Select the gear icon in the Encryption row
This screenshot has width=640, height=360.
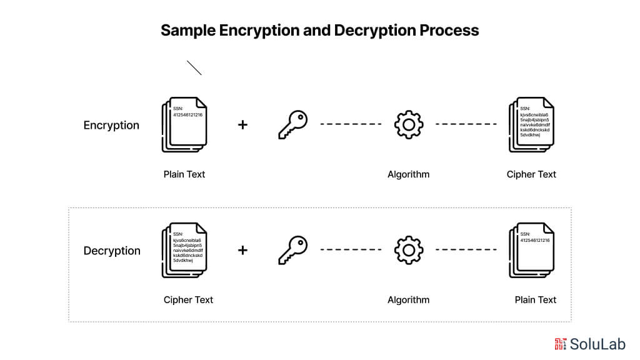(409, 124)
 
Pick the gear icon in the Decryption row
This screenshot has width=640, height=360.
(409, 250)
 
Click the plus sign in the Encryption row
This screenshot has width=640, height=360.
(242, 125)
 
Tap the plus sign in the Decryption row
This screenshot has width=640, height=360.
(242, 250)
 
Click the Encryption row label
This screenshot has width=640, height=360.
(111, 125)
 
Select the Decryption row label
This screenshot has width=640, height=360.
(112, 251)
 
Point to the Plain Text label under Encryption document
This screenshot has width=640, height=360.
(184, 174)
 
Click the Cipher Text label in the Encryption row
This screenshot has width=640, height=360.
(531, 174)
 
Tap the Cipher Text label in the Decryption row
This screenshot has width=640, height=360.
(188, 300)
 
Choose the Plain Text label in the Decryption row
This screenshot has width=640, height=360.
(536, 300)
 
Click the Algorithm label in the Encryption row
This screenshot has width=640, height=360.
(409, 174)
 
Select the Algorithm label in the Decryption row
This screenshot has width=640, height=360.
(409, 300)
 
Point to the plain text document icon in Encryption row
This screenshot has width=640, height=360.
(184, 124)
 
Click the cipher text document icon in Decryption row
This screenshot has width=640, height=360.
(184, 250)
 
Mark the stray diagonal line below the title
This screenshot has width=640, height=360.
(194, 68)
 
